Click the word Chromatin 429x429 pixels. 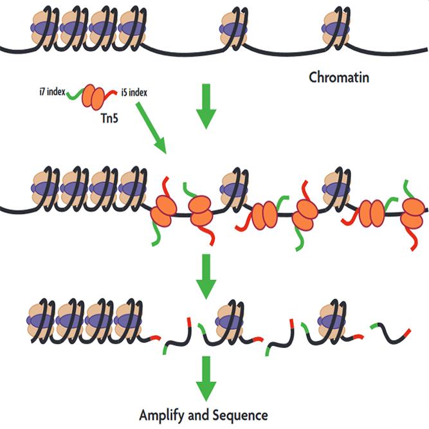339,78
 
